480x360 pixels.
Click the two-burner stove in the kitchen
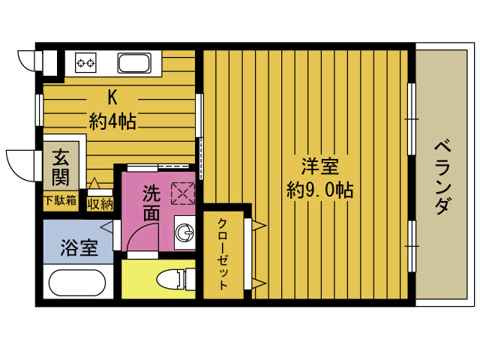pos(85,62)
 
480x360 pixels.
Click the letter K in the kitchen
pos(112,97)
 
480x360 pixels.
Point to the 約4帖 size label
pos(112,121)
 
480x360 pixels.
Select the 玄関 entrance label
pos(61,168)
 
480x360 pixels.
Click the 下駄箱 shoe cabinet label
pos(60,201)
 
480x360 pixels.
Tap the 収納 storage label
pos(100,202)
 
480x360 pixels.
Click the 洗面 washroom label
pos(151,203)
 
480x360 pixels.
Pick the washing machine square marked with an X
pos(183,193)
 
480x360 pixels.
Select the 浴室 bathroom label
pos(79,248)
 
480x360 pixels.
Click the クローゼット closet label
pos(223,253)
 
